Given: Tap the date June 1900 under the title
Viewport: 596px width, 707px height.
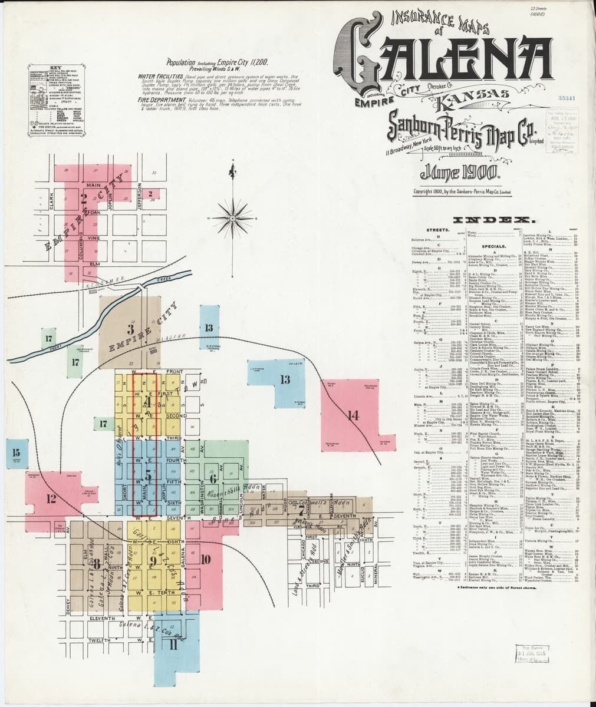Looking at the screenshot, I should point(460,173).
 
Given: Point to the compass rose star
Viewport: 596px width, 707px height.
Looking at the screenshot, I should point(234,210).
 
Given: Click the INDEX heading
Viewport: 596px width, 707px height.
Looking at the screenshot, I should point(500,220).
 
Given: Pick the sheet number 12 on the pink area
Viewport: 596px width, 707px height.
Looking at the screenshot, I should point(50,498).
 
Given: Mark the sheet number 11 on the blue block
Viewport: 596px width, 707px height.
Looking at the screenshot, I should point(173,644).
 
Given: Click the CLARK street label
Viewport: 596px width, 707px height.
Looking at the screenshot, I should point(51,202).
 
